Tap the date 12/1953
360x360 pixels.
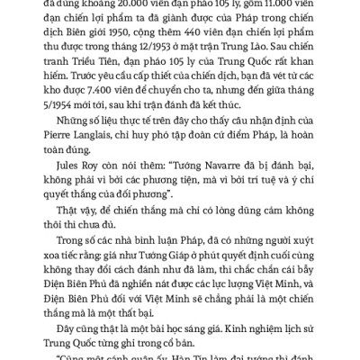pos(167,60)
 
